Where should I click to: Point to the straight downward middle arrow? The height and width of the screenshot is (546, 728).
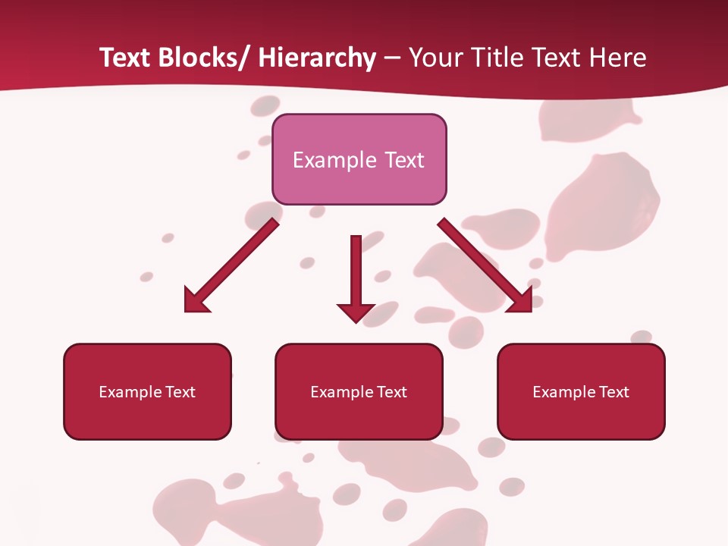coord(356,273)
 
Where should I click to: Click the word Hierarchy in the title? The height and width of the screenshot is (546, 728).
coord(317,58)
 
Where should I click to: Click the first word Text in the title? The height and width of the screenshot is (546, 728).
coord(126,58)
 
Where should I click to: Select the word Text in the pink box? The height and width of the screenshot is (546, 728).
coord(403,160)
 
